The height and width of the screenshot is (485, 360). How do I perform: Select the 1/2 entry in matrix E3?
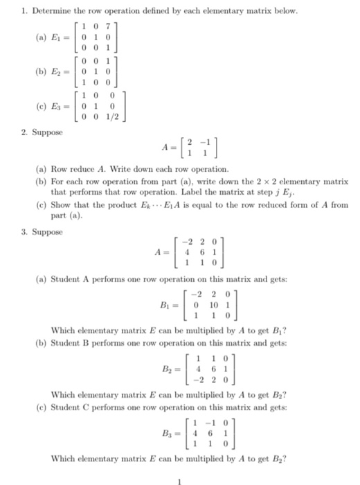119,118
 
